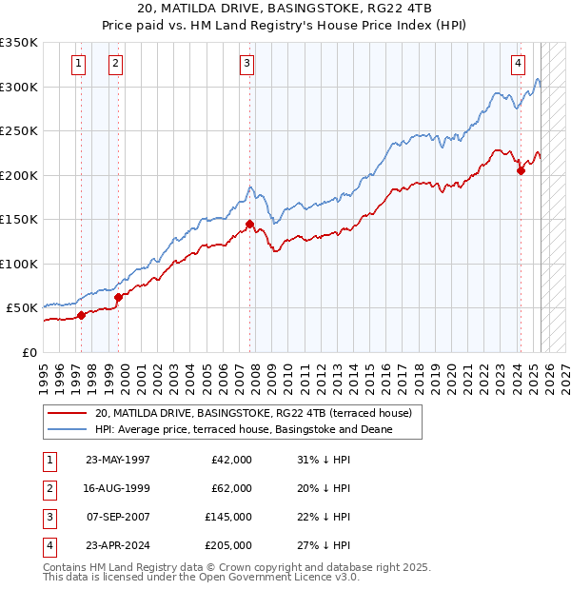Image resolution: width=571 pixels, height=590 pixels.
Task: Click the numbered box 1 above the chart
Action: tap(77, 64)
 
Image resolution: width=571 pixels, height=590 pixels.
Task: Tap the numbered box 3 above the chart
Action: tap(246, 64)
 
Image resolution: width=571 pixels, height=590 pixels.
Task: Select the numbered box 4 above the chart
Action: tap(518, 64)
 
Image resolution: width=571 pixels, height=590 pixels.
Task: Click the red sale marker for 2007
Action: tap(250, 225)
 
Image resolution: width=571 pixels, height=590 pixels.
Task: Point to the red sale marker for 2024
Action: tap(521, 171)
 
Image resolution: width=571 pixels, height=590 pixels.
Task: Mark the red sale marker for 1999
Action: tap(119, 297)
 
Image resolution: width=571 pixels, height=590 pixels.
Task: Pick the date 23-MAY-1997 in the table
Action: tap(117, 460)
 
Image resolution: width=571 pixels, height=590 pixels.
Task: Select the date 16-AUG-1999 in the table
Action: tap(117, 488)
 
